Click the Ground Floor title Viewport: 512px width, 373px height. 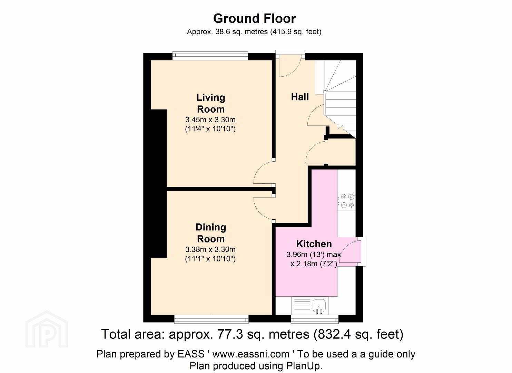[x=254, y=19]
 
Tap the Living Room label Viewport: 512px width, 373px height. [x=211, y=103]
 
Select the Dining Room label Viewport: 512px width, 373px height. [x=211, y=233]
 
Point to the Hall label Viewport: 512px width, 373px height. [x=300, y=97]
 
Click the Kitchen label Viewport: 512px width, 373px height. [x=314, y=244]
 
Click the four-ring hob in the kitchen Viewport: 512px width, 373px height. [x=346, y=201]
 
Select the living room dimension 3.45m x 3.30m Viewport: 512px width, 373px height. [x=210, y=120]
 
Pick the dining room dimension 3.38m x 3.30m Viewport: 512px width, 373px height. [x=210, y=249]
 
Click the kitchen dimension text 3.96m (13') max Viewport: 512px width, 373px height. [x=314, y=254]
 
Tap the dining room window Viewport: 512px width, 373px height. [x=211, y=319]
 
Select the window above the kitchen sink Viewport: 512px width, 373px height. [x=315, y=319]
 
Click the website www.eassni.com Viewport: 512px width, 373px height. [x=251, y=354]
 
